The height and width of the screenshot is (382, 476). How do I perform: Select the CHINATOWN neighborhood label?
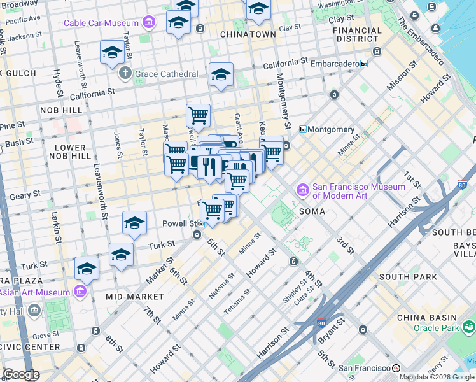[x=248, y=34]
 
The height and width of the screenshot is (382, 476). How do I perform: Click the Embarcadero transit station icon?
[x=364, y=64]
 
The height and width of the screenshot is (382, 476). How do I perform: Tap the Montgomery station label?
[x=332, y=129]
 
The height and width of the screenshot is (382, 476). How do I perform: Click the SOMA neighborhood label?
[x=312, y=211]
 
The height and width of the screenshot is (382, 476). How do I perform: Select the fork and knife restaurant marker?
[x=209, y=167]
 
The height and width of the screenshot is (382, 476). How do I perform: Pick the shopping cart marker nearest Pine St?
[x=198, y=116]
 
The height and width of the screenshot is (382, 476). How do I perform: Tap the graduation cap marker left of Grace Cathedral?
[x=112, y=52]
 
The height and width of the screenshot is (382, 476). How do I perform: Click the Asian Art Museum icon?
[x=80, y=292]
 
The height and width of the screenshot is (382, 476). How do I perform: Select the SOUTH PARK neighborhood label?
[x=408, y=277]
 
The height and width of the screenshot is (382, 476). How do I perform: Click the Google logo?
[x=21, y=374]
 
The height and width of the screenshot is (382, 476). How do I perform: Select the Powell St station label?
[x=181, y=223]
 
